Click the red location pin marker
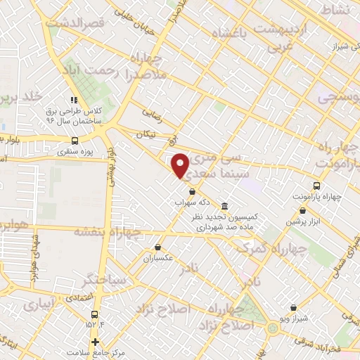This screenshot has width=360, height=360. [181, 165]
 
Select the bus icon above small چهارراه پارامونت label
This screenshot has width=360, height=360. [316, 186]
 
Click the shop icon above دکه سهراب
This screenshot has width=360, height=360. [191, 190]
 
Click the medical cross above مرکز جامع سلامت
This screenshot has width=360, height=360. [95, 342]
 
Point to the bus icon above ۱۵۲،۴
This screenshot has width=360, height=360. [95, 314]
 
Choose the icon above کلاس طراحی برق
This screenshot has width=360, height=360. [73, 99]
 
